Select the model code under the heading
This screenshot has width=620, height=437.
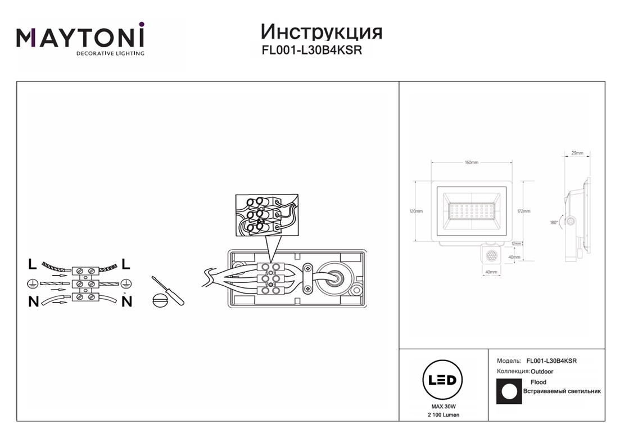(311, 50)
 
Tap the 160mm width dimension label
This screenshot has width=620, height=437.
(471, 163)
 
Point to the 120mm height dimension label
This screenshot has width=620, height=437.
(416, 211)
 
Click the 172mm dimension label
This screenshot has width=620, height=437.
(523, 211)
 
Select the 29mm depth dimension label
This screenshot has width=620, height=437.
(577, 153)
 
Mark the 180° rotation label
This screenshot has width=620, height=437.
(554, 223)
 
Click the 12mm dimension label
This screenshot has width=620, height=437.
(517, 244)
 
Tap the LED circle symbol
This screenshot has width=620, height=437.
(442, 380)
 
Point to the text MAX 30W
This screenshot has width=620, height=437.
(443, 406)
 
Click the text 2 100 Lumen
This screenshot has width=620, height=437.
(443, 415)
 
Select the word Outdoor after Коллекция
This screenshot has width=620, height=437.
(542, 372)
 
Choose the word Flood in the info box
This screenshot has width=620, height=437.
(538, 382)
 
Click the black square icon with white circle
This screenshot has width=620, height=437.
(509, 391)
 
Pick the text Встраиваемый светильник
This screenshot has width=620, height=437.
(562, 391)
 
